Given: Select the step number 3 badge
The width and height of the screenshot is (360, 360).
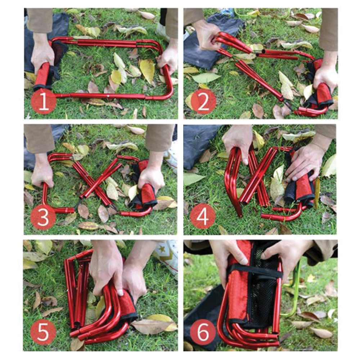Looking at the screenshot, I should [43, 217].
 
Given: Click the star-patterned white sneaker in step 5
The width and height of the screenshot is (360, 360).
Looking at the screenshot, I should [166, 254].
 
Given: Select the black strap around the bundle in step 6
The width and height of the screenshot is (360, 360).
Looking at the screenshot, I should [256, 271].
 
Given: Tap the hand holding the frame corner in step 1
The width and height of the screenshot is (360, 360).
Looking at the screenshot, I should [168, 58].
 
